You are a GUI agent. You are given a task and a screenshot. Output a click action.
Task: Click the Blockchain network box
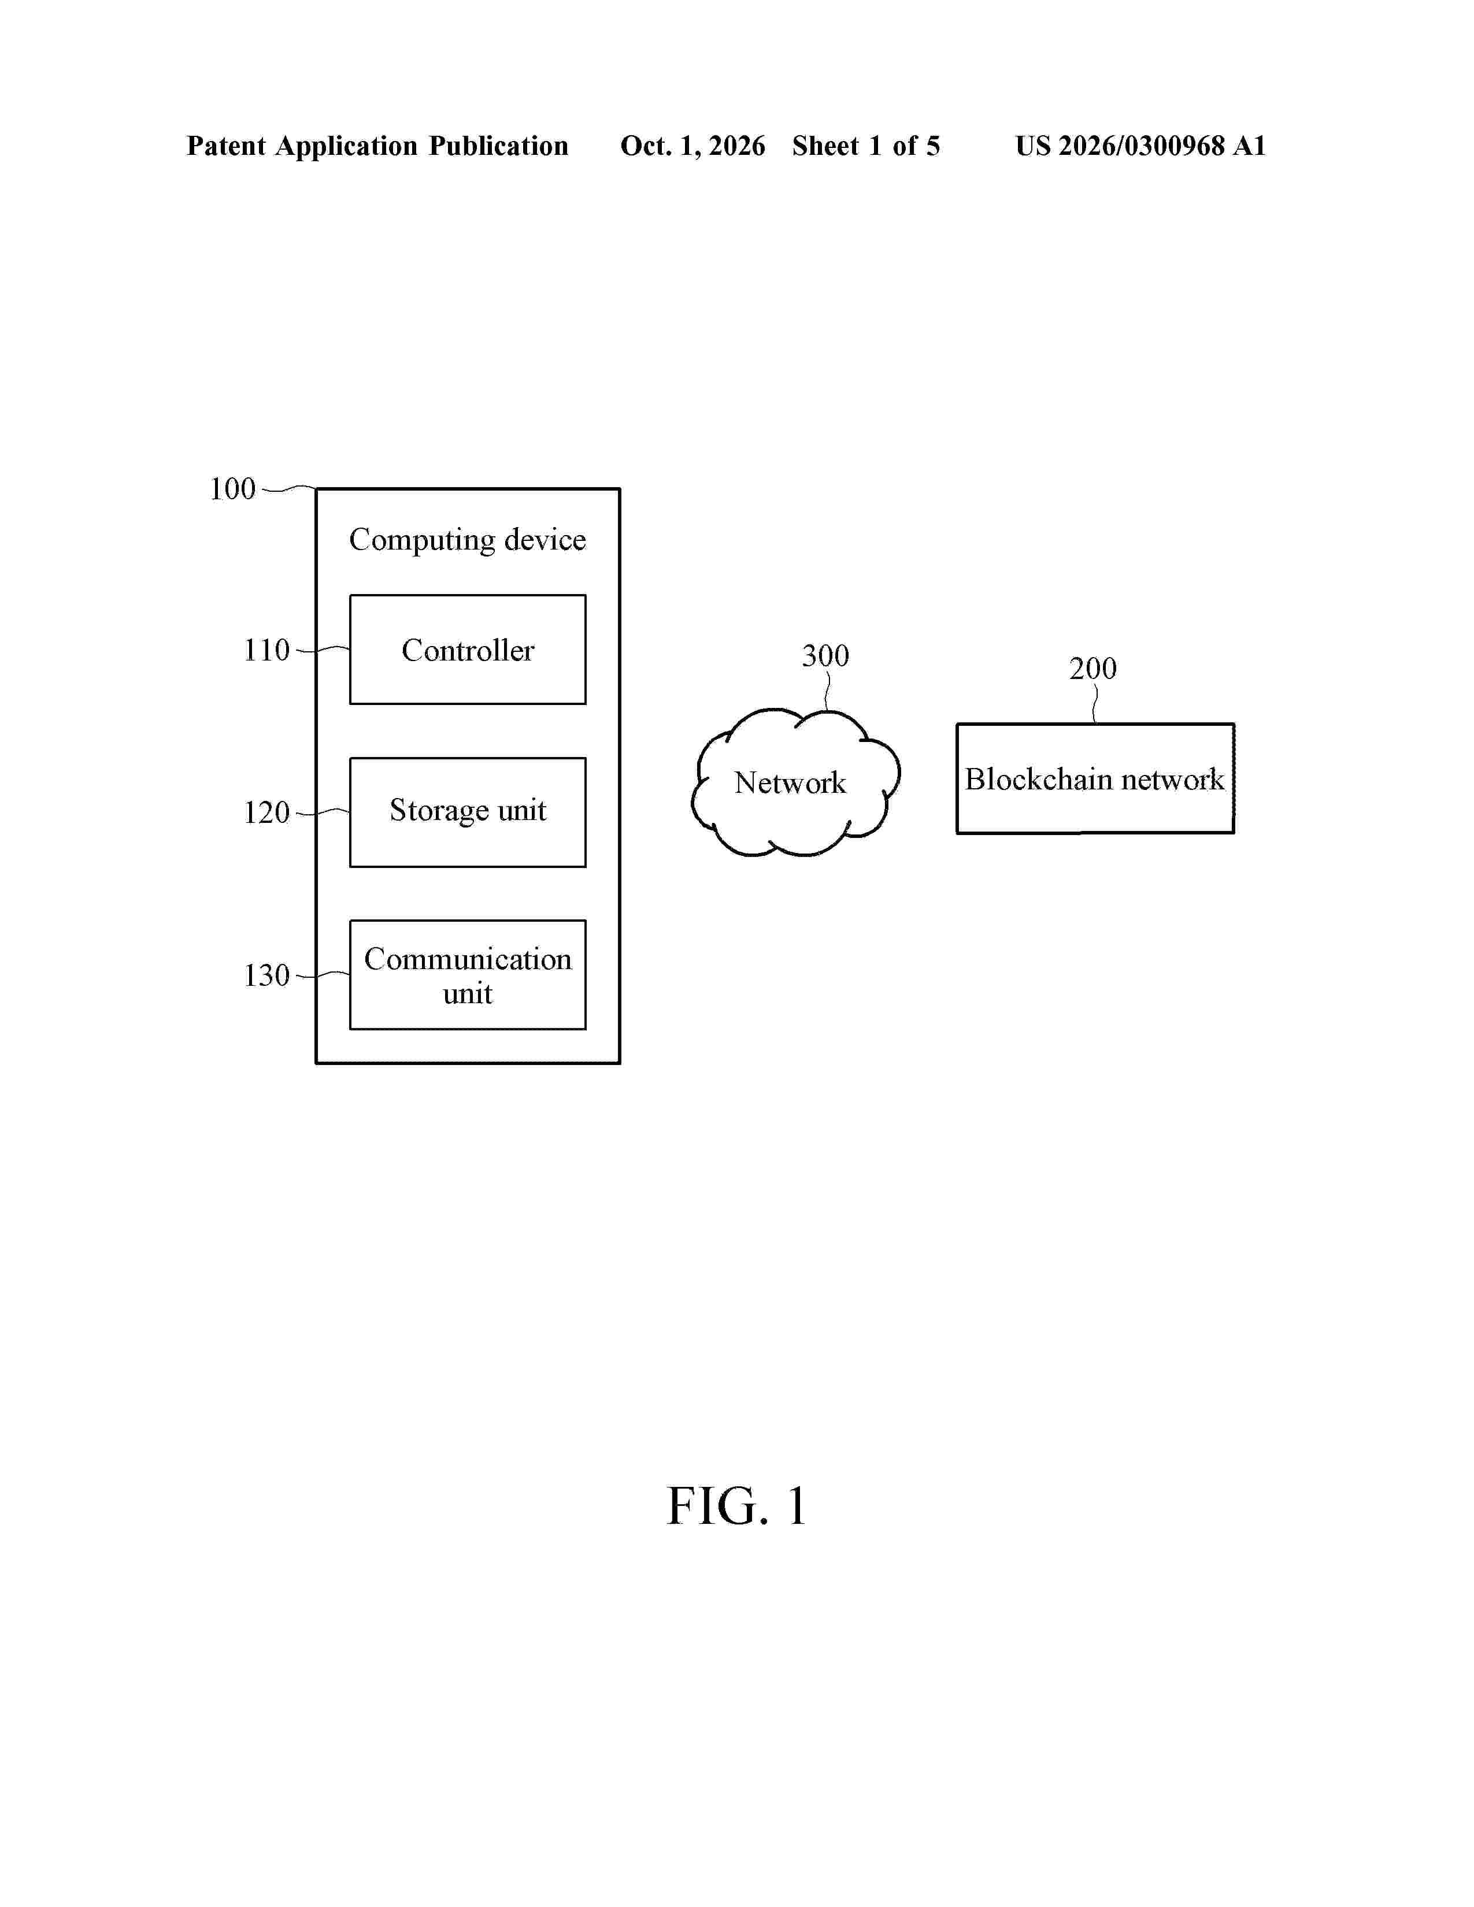[x=1095, y=778]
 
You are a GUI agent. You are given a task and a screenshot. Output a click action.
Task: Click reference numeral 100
[x=232, y=489]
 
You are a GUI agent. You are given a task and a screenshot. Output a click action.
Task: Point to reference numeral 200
[x=1092, y=669]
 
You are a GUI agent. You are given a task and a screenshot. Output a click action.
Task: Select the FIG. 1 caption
[x=736, y=1505]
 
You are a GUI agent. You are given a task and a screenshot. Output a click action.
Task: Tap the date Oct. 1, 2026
[x=692, y=146]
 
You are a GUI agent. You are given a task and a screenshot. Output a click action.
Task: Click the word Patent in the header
[x=226, y=146]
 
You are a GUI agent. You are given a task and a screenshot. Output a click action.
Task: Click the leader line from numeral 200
[x=1095, y=704]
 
